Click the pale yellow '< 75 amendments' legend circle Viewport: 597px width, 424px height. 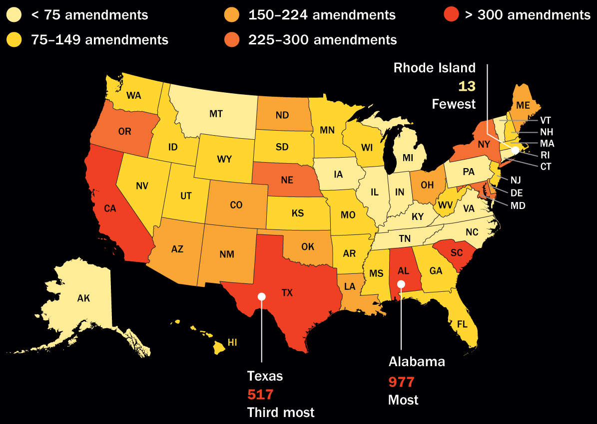pyautogui.click(x=14, y=15)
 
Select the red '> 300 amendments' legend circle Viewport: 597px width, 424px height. pyautogui.click(x=452, y=15)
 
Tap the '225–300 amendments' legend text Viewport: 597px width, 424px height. pyautogui.click(x=323, y=40)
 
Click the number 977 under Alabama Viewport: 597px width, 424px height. pyautogui.click(x=402, y=383)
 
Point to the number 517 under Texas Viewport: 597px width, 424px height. pyautogui.click(x=261, y=395)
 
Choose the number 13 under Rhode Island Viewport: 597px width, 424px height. pyautogui.click(x=467, y=86)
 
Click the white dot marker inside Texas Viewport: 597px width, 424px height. pyautogui.click(x=261, y=296)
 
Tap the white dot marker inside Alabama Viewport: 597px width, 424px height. pyautogui.click(x=401, y=284)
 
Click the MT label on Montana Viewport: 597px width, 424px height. pyautogui.click(x=216, y=114)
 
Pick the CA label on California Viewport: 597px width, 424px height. pyautogui.click(x=110, y=209)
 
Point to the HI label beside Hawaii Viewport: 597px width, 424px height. pyautogui.click(x=232, y=342)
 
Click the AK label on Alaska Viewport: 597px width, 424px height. pyautogui.click(x=83, y=298)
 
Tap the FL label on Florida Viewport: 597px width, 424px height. pyautogui.click(x=462, y=324)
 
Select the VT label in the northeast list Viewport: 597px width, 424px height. pyautogui.click(x=546, y=120)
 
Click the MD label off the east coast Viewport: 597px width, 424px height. pyautogui.click(x=519, y=205)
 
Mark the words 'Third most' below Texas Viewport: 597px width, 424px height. pyautogui.click(x=281, y=413)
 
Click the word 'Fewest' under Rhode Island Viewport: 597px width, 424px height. pyautogui.click(x=454, y=104)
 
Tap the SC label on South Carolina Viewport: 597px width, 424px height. pyautogui.click(x=457, y=252)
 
